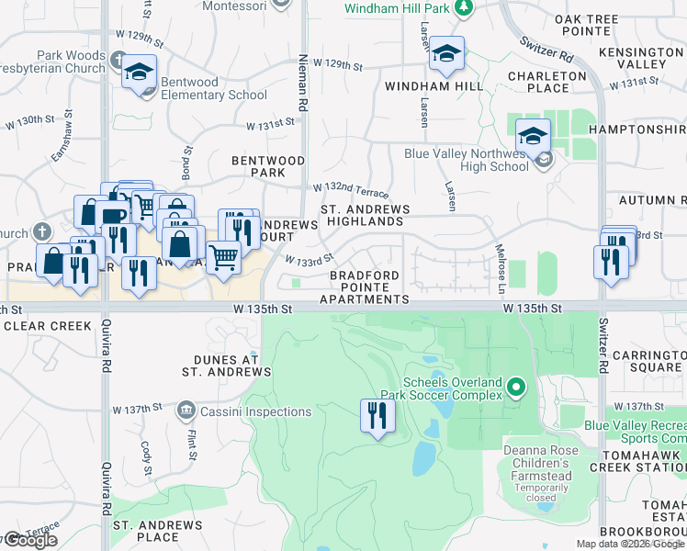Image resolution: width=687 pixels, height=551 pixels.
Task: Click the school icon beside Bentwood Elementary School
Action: tap(139, 73)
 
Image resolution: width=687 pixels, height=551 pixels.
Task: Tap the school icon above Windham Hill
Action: tap(446, 54)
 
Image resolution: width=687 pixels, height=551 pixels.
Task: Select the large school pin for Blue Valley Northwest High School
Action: tap(533, 138)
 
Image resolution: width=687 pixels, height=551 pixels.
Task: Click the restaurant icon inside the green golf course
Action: tap(377, 416)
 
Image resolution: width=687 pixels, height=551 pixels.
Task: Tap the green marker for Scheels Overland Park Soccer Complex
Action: tap(516, 388)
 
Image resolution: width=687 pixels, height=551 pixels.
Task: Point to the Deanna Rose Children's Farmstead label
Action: tap(537, 463)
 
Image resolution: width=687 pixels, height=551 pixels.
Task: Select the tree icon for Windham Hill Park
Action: tap(465, 8)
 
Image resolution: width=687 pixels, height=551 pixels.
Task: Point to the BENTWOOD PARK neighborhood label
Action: tap(268, 166)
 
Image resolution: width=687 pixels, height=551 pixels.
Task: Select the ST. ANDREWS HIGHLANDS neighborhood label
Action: tap(365, 215)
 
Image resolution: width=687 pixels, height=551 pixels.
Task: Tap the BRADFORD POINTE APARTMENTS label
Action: tap(364, 287)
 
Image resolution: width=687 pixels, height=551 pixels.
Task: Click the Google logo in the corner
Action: tap(29, 540)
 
